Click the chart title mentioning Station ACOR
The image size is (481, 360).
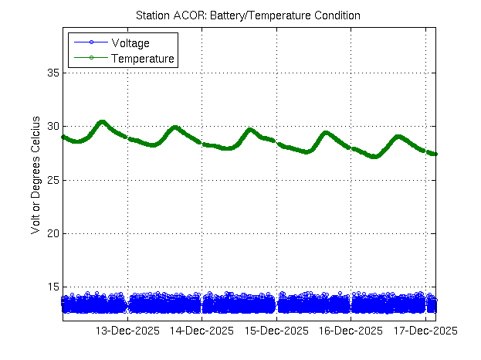click(x=248, y=15)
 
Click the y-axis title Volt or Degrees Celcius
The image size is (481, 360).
click(x=36, y=179)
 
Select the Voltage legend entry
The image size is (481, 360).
click(x=130, y=43)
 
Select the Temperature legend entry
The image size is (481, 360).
click(x=143, y=58)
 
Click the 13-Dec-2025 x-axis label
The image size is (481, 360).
click(x=127, y=331)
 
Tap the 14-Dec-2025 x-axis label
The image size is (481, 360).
click(x=202, y=331)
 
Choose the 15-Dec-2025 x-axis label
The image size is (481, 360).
click(x=276, y=331)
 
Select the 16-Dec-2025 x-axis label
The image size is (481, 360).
click(x=351, y=331)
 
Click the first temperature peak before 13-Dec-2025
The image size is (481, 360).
click(x=102, y=121)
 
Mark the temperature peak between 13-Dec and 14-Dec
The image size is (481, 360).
click(x=175, y=127)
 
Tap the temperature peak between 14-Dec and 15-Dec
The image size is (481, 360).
click(x=250, y=129)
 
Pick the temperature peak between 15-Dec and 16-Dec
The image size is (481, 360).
click(x=326, y=132)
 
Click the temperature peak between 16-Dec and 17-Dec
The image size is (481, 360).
click(x=398, y=137)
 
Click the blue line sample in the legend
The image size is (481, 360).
click(x=90, y=43)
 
